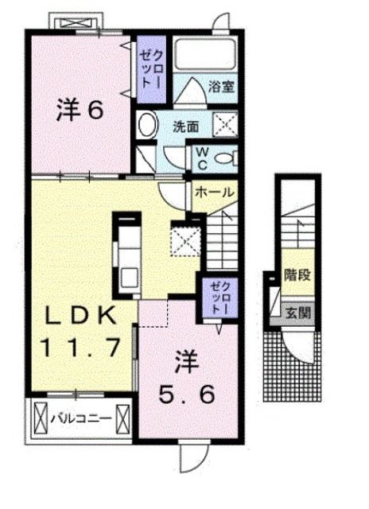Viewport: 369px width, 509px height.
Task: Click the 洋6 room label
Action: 80,111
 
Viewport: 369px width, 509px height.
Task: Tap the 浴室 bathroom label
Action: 222,87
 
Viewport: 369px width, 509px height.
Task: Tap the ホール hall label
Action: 214,192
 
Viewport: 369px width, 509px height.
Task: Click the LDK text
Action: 79,315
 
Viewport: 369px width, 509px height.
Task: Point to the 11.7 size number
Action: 79,347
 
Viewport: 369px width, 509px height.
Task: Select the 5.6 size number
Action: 188,394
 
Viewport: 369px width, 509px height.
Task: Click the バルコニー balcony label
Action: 80,416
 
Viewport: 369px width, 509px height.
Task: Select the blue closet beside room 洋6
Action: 150,69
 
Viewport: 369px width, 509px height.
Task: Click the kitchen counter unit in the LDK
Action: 126,254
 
